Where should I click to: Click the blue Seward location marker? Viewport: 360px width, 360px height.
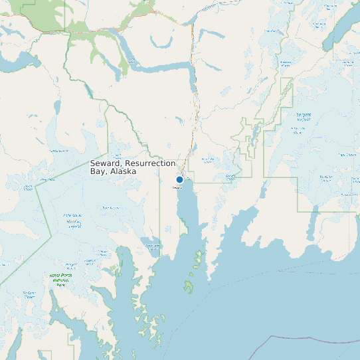coord(179,179)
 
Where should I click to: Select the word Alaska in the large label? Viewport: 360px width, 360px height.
coord(124,171)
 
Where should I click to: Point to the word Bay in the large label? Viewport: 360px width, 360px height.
coord(98,171)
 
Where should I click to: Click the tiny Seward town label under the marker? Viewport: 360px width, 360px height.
coord(177,187)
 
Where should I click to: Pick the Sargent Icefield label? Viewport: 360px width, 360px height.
coord(304,117)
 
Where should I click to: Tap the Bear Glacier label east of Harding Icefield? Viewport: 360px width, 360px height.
coord(106,208)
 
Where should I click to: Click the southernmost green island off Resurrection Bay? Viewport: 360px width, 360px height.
coord(189,287)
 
